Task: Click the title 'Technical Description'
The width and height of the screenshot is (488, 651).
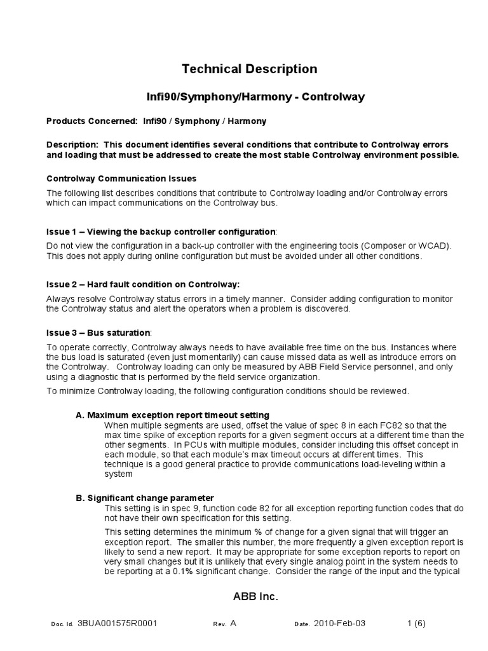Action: (249, 69)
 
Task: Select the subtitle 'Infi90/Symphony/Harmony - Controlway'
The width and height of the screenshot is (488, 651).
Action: (252, 97)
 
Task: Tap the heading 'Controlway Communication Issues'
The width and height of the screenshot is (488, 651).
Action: (121, 179)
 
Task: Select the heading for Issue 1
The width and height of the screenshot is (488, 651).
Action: (161, 230)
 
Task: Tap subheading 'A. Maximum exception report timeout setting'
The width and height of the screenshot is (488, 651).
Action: (172, 415)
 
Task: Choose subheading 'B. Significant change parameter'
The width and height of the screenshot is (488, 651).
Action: (144, 497)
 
